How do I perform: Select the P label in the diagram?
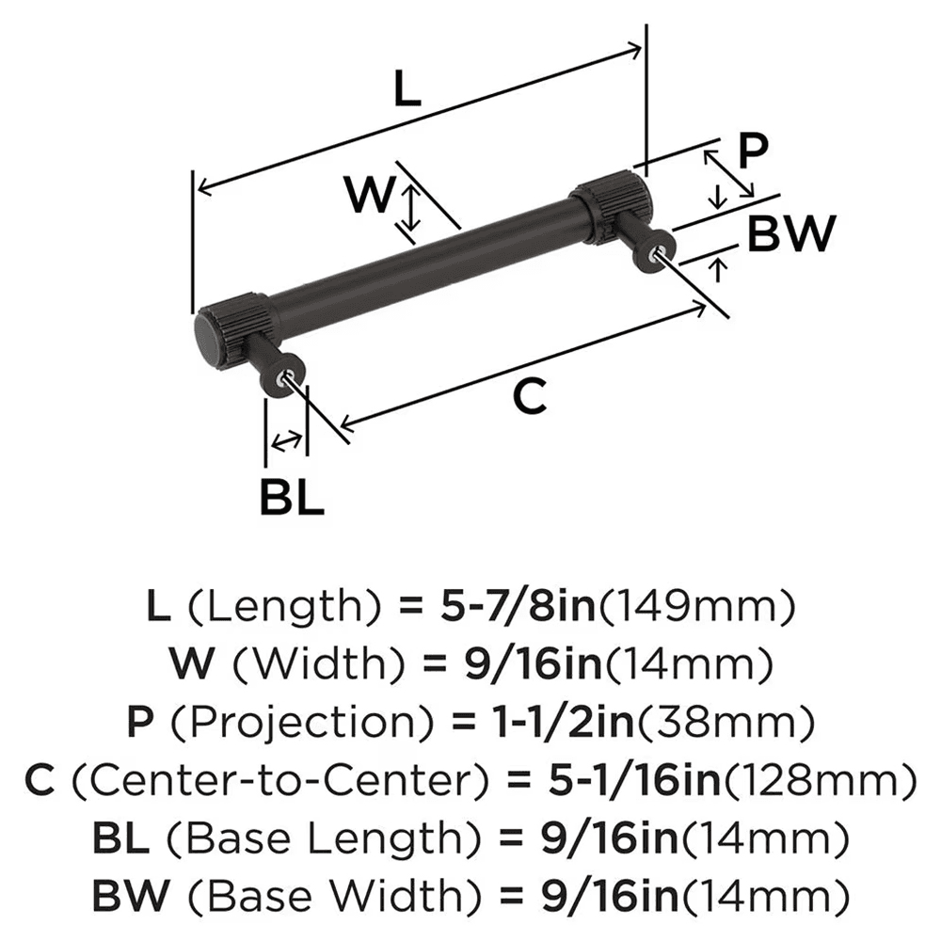click(x=752, y=150)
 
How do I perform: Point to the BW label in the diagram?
click(x=790, y=234)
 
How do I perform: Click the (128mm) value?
click(x=819, y=778)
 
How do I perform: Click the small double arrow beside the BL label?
click(x=286, y=439)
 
